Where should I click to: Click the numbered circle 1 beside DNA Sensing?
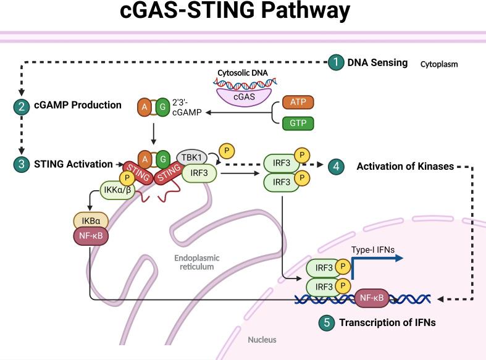tap(335, 62)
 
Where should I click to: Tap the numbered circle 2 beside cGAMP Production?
tap(21, 106)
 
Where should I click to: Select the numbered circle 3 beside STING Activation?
tap(21, 164)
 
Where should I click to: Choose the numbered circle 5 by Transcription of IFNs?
tap(328, 322)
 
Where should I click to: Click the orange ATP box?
tap(298, 102)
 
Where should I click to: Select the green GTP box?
tap(298, 123)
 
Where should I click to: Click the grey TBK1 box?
tap(191, 157)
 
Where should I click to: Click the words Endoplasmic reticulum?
tap(197, 262)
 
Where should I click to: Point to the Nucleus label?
tap(262, 340)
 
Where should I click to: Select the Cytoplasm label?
tap(439, 64)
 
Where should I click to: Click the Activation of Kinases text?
tap(406, 166)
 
